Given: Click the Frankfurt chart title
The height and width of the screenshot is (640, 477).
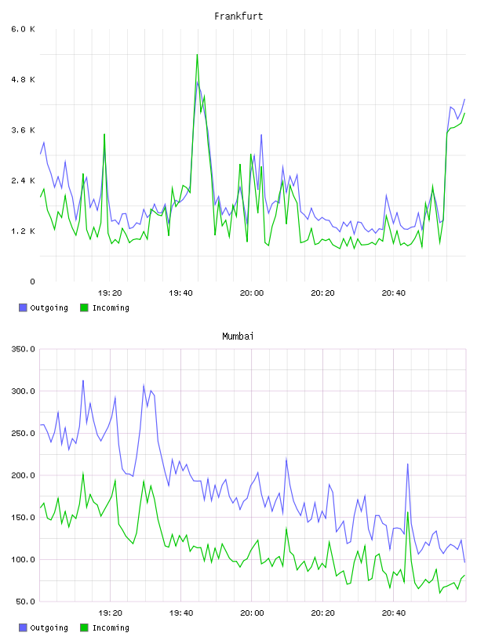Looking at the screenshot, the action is click(x=238, y=16).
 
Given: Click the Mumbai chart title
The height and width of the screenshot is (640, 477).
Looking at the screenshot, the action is click(x=238, y=336).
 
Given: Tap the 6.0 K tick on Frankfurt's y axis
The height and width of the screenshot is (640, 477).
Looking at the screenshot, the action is click(x=23, y=29).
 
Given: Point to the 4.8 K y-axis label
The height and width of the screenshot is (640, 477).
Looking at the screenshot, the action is click(x=23, y=79).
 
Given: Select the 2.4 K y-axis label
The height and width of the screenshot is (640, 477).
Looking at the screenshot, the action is click(x=23, y=181).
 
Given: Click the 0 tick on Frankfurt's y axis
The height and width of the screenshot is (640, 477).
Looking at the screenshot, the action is click(x=32, y=282).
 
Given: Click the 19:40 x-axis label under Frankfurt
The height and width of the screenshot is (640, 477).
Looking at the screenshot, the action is click(x=180, y=293).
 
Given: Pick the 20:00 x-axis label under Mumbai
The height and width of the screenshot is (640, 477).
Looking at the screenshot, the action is click(x=252, y=613).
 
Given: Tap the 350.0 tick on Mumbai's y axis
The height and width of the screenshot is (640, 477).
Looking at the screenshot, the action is click(x=23, y=349).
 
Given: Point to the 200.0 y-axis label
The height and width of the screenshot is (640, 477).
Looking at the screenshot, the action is click(x=23, y=475).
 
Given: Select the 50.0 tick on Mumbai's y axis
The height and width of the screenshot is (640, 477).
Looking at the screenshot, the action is click(x=25, y=602).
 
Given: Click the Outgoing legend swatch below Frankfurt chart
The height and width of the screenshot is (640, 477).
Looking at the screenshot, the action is click(x=23, y=307).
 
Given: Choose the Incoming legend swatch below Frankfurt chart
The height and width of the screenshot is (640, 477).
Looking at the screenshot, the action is click(x=84, y=307).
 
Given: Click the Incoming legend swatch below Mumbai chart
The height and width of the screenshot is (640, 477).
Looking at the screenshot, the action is click(x=84, y=627).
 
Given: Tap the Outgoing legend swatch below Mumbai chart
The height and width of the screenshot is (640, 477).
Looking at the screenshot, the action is click(x=23, y=627).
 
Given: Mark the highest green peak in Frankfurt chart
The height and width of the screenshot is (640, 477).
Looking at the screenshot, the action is click(x=197, y=55).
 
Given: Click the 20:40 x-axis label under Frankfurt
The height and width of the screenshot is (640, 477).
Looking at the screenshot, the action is click(x=394, y=293).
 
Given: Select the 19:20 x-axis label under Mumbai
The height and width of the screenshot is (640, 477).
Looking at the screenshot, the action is click(x=110, y=613).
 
